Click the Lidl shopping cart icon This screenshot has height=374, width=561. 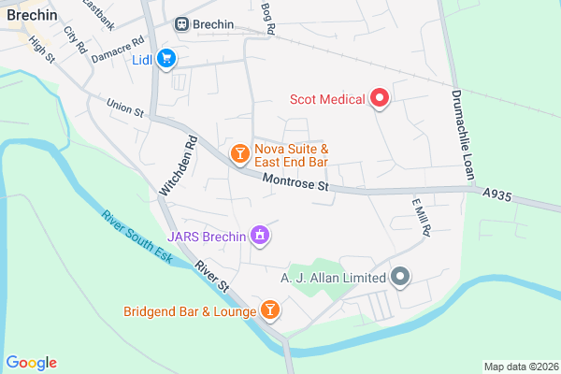pos(166,58)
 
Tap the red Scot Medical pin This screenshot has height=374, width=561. pos(380,97)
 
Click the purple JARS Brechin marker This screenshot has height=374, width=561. pos(259,237)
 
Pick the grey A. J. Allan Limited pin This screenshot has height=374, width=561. pos(400,277)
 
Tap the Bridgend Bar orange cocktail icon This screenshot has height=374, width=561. pos(269,309)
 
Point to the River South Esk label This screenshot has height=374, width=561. pos(137,237)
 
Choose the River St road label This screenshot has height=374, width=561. pos(212,278)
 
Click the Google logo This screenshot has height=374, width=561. pos(31,363)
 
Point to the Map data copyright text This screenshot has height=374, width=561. pos(519,366)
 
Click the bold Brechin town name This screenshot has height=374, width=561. pos(32,14)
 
